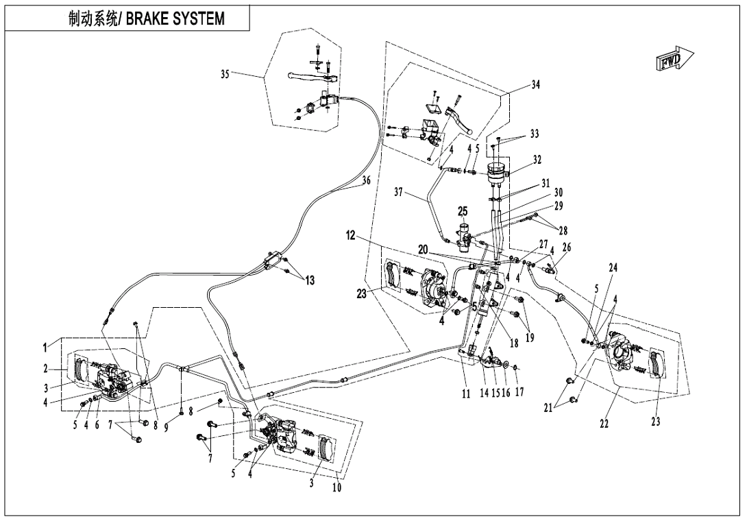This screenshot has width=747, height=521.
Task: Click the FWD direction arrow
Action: [x=674, y=61]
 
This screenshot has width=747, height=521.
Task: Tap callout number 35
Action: [x=225, y=75]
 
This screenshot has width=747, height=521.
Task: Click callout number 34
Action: [x=536, y=85]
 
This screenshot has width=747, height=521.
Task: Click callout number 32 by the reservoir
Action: [x=537, y=159]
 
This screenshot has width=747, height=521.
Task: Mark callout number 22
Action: [x=604, y=424]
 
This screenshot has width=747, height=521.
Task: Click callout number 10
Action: [x=337, y=487]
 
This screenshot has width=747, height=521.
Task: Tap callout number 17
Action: [x=519, y=394]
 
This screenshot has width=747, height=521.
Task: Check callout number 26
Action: [x=567, y=247]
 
